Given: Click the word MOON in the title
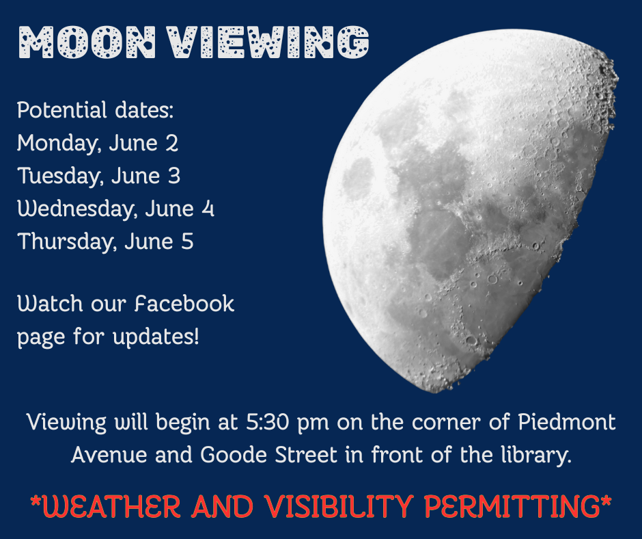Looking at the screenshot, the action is tap(87, 42).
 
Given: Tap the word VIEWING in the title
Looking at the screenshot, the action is tap(268, 42).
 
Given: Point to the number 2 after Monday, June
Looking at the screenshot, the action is tap(172, 143).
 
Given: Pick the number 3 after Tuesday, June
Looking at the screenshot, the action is tap(174, 176).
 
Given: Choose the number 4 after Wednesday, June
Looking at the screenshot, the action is tap(208, 209).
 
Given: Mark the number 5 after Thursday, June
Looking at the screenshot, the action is tap(187, 241).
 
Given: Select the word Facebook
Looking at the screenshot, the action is tap(184, 304).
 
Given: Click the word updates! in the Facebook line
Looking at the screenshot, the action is tap(156, 338).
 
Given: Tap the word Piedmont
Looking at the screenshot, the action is tap(567, 421).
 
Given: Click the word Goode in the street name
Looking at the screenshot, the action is tap(234, 455).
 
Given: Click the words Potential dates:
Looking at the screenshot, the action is tap(96, 110).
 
